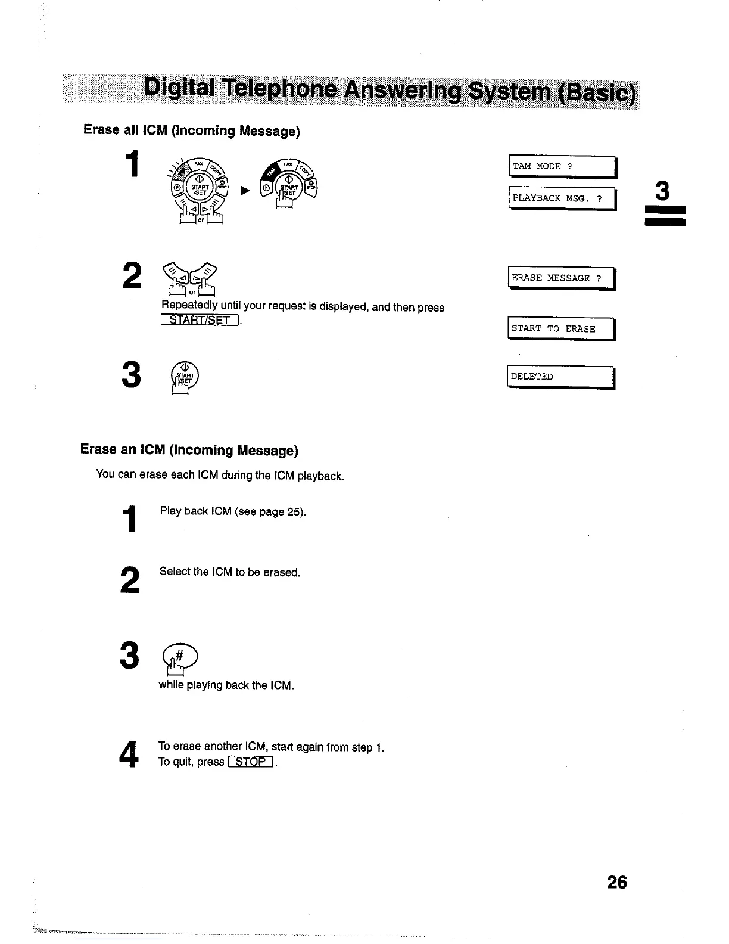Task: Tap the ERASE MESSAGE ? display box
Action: click(561, 278)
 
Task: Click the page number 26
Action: click(617, 882)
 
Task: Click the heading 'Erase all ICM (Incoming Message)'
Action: click(191, 130)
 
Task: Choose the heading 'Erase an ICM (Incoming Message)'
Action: click(189, 449)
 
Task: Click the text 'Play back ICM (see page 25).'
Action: click(232, 511)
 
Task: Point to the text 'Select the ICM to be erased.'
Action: click(229, 572)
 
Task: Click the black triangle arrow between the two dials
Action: click(244, 191)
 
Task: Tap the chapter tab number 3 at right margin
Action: click(662, 192)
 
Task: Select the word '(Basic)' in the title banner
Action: click(599, 93)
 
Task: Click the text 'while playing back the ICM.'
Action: click(226, 685)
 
